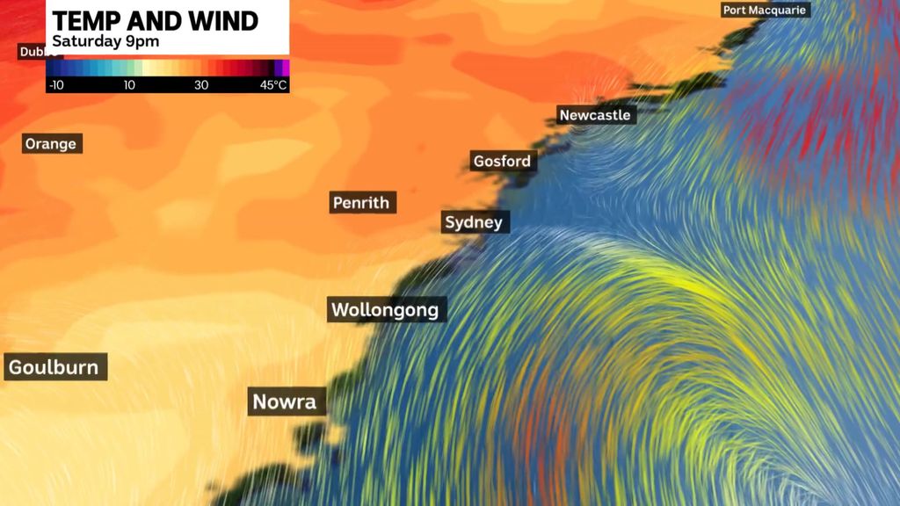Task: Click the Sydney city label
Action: click(x=474, y=222)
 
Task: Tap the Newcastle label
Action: click(x=596, y=115)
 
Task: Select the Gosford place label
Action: click(x=502, y=161)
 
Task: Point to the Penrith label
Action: click(x=361, y=203)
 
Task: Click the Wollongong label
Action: click(x=386, y=309)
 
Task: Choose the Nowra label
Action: click(x=285, y=401)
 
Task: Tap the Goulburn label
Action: click(x=54, y=366)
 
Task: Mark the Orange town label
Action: click(x=51, y=143)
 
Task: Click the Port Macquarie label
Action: click(x=765, y=11)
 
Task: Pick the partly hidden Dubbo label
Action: click(x=33, y=53)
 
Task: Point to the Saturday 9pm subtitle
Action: click(x=105, y=41)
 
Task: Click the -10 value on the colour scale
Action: click(x=55, y=85)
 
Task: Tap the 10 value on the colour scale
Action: click(x=128, y=85)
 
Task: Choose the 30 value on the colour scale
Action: click(x=201, y=85)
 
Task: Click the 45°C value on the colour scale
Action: click(x=272, y=85)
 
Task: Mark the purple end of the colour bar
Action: click(x=283, y=68)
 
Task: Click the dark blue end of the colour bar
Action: click(x=51, y=68)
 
